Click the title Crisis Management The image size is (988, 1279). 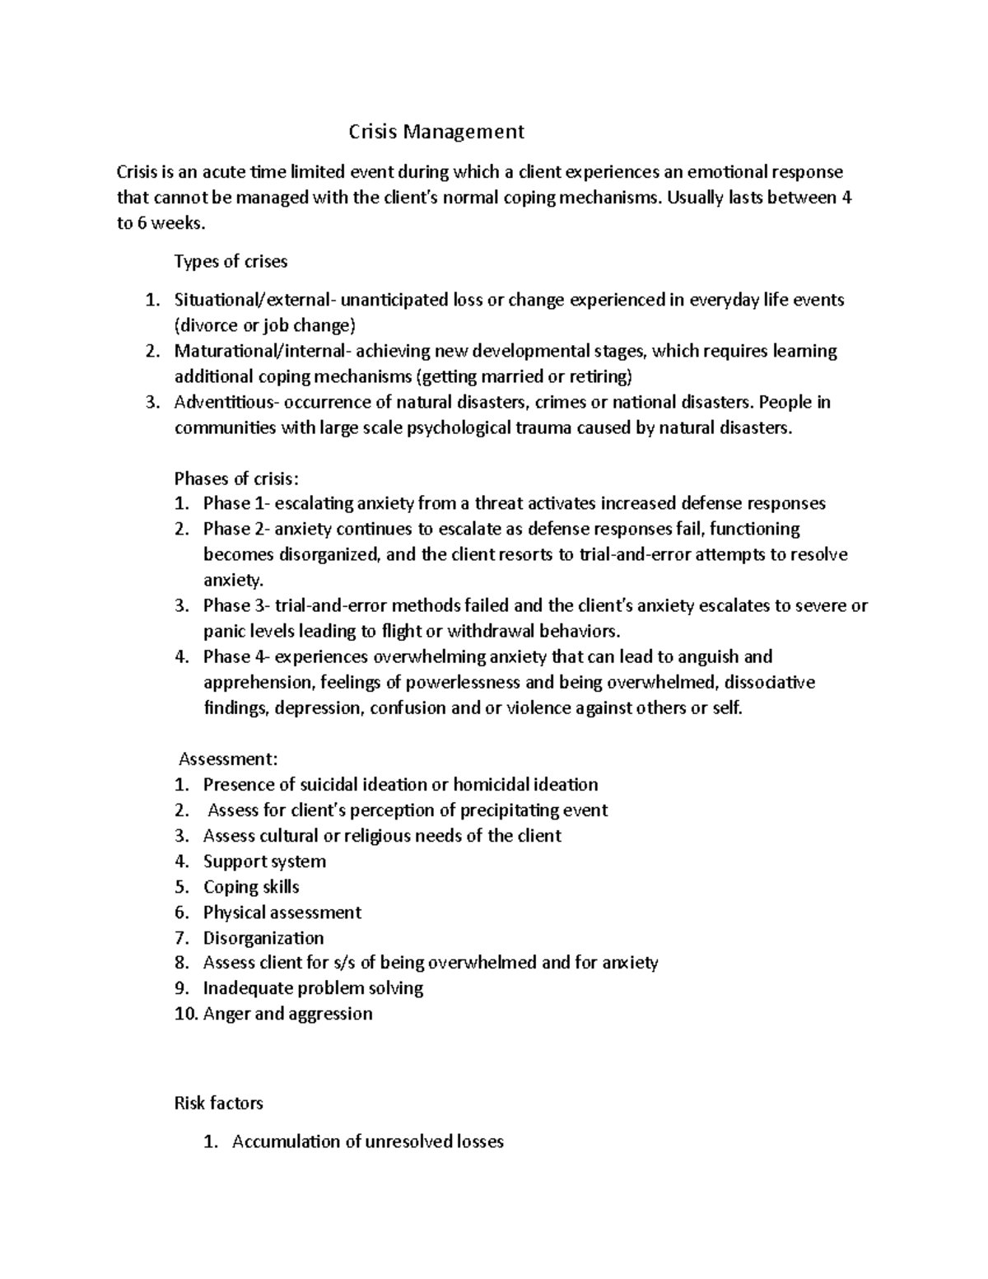[x=436, y=131]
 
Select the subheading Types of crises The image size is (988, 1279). [x=231, y=262]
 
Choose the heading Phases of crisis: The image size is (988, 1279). [x=237, y=478]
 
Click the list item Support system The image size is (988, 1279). [x=264, y=861]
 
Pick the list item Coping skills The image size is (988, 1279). [x=251, y=887]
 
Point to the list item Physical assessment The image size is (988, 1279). [x=282, y=913]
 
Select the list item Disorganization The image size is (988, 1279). [x=263, y=938]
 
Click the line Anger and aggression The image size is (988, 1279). [x=287, y=1014]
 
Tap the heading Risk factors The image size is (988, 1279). [x=218, y=1103]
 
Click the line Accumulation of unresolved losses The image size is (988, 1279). [x=367, y=1141]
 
